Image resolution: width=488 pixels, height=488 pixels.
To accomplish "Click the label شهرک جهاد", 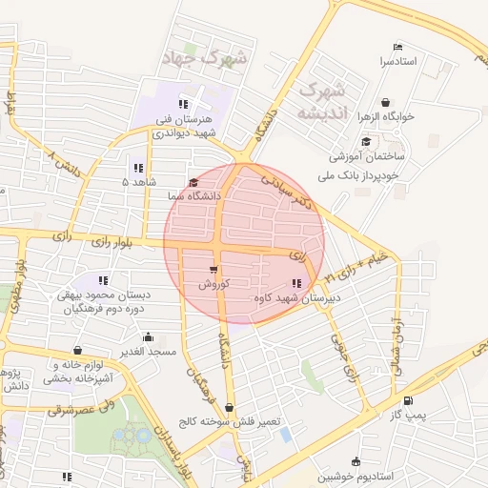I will [213, 57].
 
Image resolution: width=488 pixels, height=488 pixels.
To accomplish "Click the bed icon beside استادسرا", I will [397, 48].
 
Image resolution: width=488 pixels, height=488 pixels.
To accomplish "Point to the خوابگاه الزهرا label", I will [385, 116].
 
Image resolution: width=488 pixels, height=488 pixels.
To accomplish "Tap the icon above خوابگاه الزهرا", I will [385, 102].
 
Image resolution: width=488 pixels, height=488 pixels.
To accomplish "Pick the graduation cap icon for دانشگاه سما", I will [193, 182].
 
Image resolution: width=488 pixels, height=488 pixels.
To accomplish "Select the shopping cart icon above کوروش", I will [213, 270].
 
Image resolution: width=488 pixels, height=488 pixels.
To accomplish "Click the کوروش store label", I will [212, 284].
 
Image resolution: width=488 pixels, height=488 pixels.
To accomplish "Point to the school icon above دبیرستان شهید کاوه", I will [296, 283].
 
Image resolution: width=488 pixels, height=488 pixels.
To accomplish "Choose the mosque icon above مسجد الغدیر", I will [148, 336].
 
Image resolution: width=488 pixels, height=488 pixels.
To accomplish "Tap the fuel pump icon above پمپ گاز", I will [409, 400].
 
